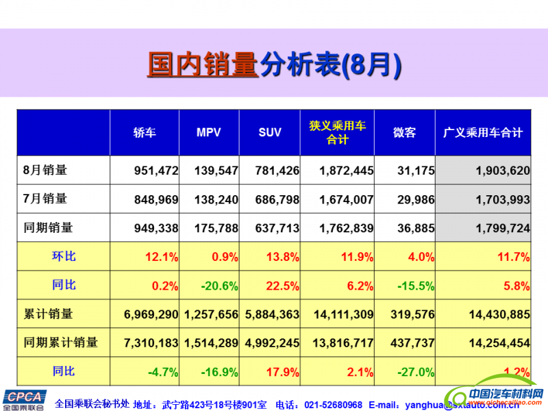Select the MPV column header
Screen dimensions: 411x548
[209, 132]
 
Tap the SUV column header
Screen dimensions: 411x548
[270, 132]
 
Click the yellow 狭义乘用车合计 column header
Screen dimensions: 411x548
[337, 132]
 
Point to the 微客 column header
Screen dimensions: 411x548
[404, 132]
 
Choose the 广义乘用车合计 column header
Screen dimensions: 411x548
[483, 132]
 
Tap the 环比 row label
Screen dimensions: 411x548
[63, 257]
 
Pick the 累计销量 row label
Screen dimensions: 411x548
[48, 314]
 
